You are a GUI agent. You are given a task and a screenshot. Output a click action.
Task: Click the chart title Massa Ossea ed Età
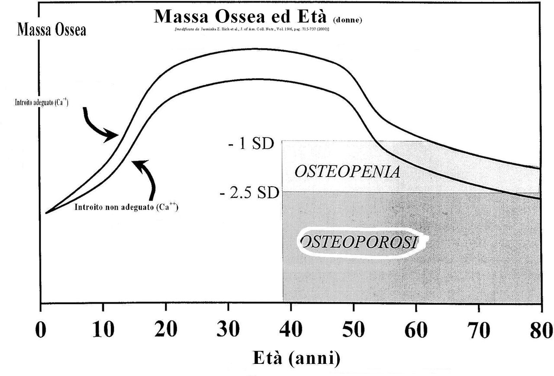[x=242, y=16]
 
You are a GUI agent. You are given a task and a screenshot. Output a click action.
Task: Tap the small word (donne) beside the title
[x=348, y=20]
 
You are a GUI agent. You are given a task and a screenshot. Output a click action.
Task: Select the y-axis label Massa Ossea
[x=52, y=30]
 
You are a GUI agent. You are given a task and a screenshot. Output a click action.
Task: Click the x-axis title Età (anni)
[x=296, y=358]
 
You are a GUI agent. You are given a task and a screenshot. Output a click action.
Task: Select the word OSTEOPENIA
[x=347, y=172]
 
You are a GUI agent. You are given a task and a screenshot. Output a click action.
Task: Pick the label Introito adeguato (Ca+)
[x=39, y=103]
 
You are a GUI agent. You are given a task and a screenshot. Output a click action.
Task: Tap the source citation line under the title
[x=251, y=29]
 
